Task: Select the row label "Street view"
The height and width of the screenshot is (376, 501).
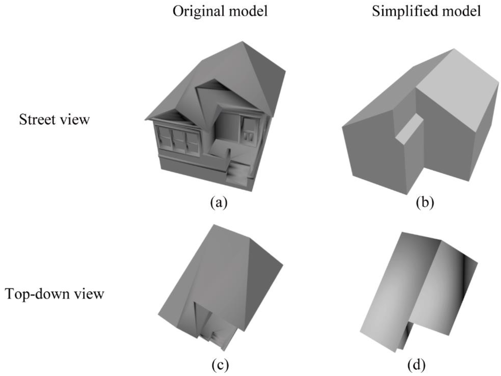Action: (x=54, y=119)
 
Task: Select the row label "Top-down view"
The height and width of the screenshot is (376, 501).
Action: (x=54, y=294)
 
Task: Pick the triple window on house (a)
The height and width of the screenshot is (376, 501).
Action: (x=178, y=139)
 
